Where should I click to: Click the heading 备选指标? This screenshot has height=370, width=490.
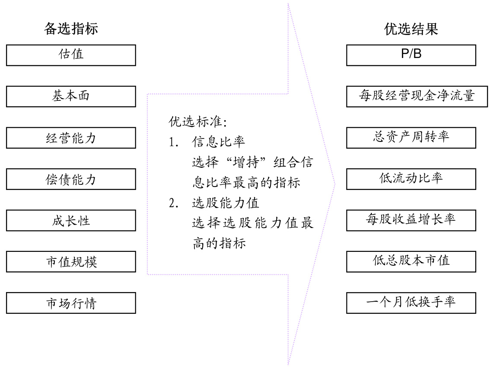coord(71,29)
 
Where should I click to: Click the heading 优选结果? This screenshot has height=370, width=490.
coord(411,29)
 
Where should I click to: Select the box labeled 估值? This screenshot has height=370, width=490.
coord(71,55)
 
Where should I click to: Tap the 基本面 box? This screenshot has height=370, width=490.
coord(71,96)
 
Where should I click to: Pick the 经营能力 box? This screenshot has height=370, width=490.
coord(71,138)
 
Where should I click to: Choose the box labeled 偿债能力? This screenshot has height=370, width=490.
coord(71,179)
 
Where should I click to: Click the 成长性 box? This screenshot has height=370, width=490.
coord(71,220)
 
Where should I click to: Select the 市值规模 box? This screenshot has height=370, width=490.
coord(71,261)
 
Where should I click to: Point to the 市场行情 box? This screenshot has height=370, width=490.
coord(71,303)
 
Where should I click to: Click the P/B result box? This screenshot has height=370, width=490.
coord(411,55)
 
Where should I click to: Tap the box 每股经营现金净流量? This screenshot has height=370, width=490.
coord(411,96)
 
